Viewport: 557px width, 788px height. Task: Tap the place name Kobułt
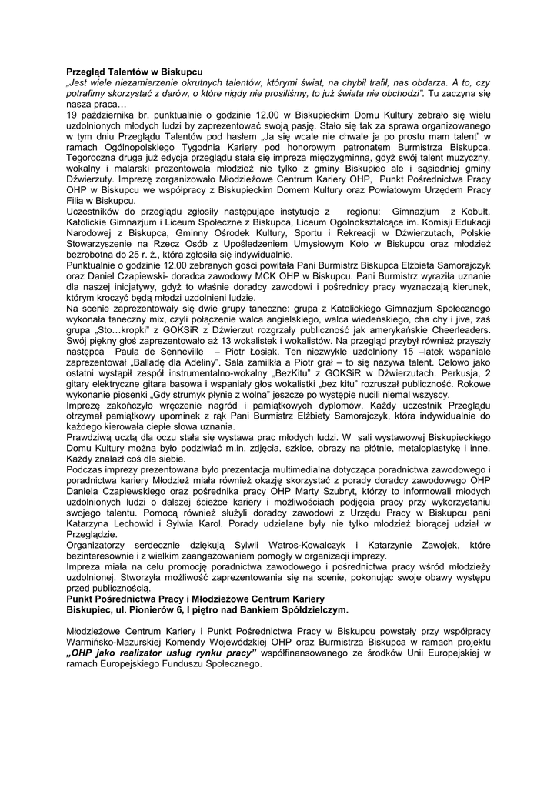[x=472, y=211]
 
